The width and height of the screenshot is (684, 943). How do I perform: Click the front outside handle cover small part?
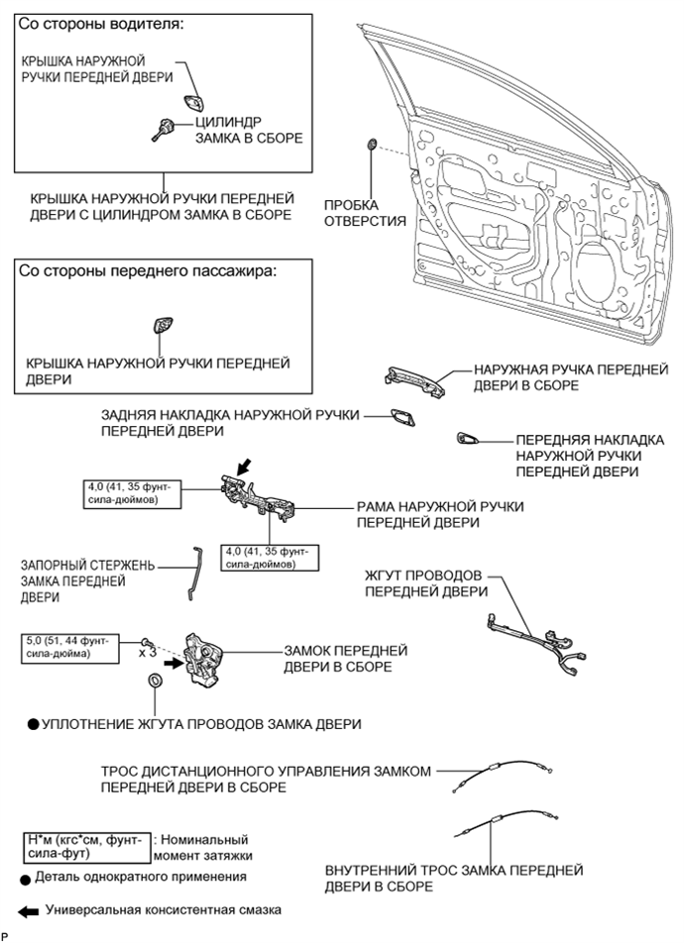pyautogui.click(x=467, y=438)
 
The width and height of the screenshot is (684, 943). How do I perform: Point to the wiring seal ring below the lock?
pyautogui.click(x=155, y=683)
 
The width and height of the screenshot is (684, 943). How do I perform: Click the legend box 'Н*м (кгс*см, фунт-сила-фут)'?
pyautogui.click(x=86, y=845)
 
